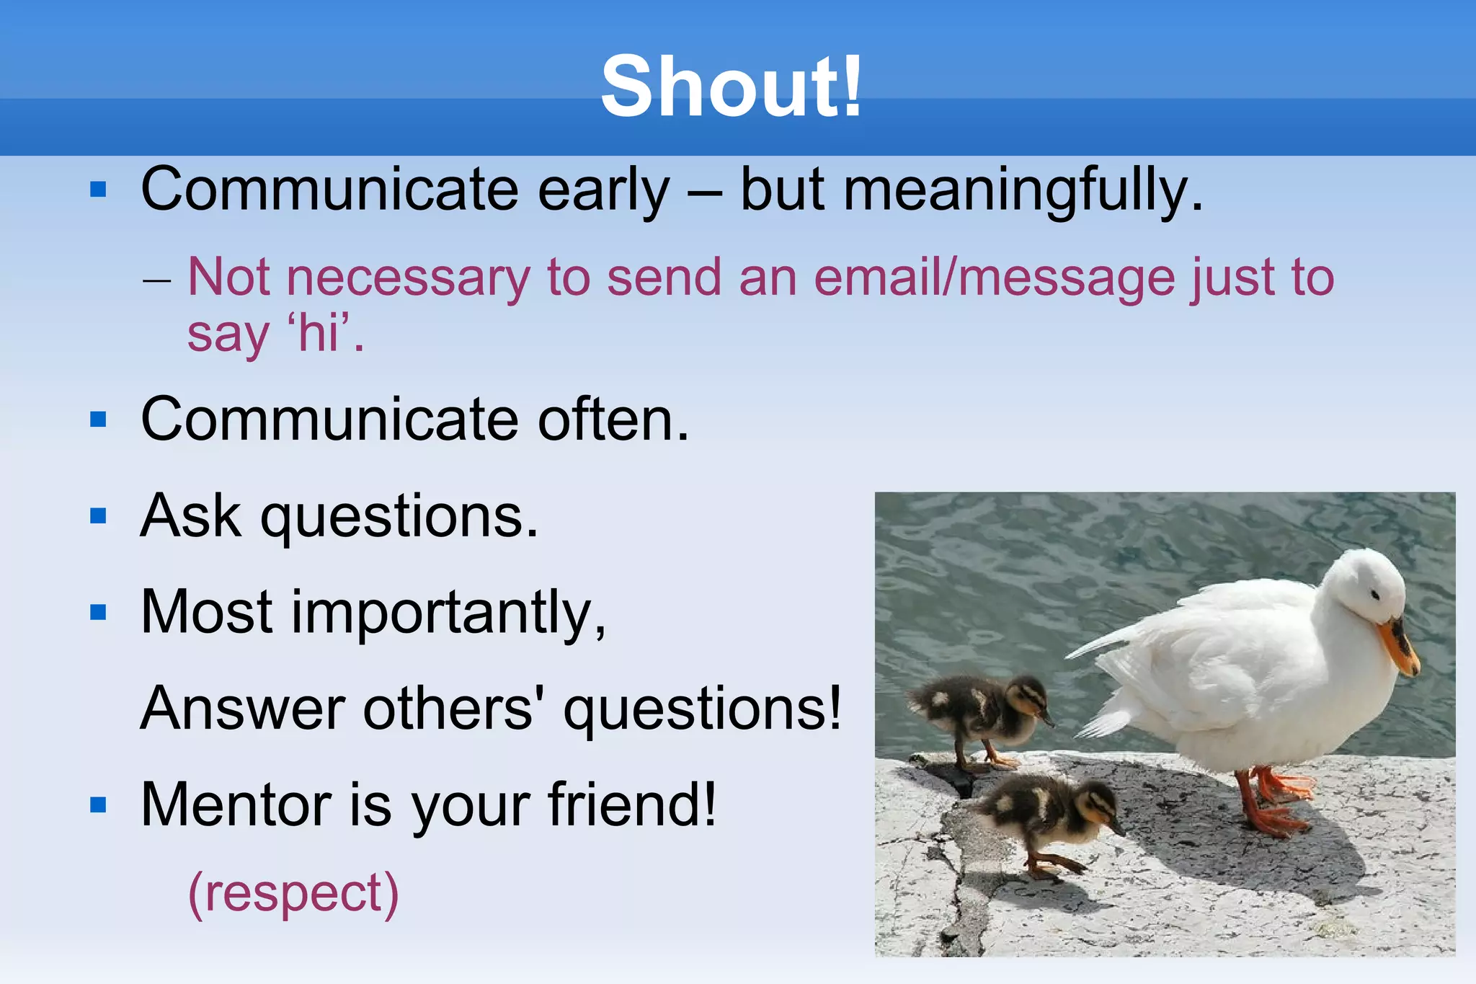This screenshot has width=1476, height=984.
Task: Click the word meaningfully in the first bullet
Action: coord(1023,191)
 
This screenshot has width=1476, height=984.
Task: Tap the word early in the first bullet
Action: coord(604,191)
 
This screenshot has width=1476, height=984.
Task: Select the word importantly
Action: coord(447,613)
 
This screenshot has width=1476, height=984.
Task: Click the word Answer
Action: coord(243,709)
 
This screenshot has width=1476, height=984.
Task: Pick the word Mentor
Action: coord(234,805)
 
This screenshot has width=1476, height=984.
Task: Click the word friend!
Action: coord(632,805)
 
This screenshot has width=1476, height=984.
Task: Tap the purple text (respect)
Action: coord(293,894)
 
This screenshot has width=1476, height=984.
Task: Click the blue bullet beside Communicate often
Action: coord(98,420)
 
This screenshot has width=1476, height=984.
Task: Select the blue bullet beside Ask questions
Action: coord(98,516)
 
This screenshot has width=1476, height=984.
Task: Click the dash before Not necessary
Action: coord(156,280)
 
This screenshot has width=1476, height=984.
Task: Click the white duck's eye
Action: coord(1375,595)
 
